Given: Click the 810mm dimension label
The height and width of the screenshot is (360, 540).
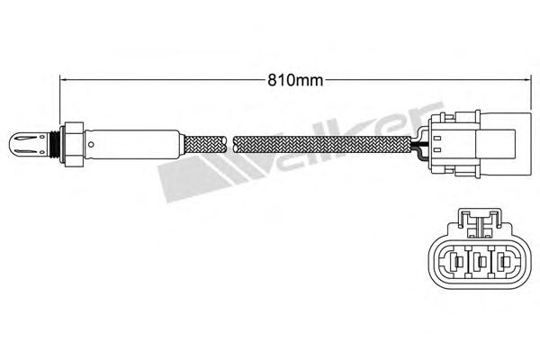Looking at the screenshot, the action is coord(295,80).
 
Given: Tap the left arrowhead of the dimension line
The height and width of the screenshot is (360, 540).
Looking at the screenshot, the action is coord(64,80).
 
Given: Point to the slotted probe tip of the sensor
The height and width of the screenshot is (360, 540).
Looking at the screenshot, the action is coord(28,144).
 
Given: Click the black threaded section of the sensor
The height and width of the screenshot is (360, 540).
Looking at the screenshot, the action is coord(54,144).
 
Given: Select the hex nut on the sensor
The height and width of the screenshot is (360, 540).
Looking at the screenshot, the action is coord(72,145).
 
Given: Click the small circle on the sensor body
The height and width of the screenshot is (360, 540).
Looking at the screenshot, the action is coord(91,144).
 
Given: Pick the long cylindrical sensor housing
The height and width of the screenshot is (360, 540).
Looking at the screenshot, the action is coord(132,144).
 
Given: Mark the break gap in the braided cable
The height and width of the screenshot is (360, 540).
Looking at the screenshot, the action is coord(229,144).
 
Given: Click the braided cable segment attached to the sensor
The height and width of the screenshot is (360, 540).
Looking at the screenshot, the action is coord(205,144).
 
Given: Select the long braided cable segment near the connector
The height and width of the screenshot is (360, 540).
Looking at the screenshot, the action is coord(321,144).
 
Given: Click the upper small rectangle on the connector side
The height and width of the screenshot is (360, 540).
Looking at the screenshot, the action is coord(437,139).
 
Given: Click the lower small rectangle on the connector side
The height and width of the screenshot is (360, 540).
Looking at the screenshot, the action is coord(437,150).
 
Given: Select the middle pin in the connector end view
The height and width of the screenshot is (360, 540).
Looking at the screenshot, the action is coord(480,263).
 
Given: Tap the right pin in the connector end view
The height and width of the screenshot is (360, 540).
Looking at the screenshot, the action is coord(503,263).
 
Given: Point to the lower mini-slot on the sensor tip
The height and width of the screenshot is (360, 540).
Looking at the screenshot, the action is coord(27,150).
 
